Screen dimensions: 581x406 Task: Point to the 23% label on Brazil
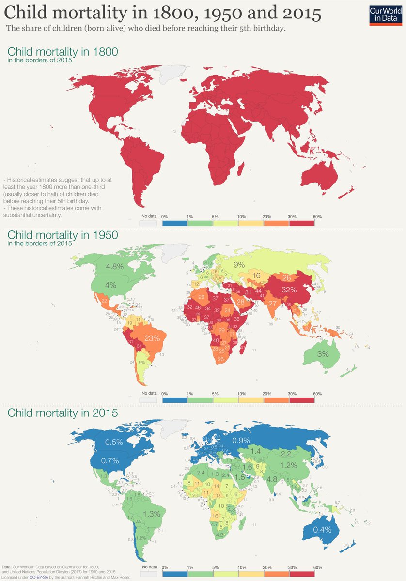coord(152,339)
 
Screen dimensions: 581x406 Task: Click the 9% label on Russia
coord(239,265)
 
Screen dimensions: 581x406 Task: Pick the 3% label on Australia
coord(323,354)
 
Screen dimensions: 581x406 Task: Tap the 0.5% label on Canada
coord(114,442)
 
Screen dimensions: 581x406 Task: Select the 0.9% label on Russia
coord(241,441)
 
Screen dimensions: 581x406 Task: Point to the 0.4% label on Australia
coord(322,530)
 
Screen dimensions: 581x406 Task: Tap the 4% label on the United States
coord(111,285)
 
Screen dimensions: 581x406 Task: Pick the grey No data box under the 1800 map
coord(148,223)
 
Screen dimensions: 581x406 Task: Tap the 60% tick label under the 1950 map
coord(317,394)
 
